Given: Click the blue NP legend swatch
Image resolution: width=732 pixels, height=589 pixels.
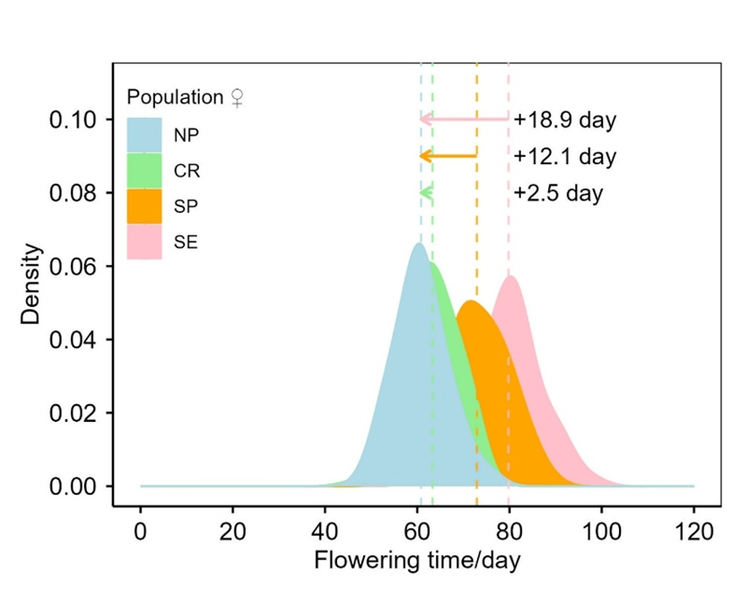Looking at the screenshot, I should (144, 135).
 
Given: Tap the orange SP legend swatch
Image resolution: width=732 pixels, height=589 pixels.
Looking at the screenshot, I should (144, 206).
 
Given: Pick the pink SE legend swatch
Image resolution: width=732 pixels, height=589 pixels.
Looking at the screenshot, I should (144, 242).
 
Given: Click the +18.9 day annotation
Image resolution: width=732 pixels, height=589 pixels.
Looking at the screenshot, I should (565, 119).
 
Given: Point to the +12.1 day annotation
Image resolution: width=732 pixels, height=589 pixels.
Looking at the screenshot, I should (565, 156).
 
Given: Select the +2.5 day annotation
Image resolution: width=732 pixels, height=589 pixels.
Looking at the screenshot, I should (559, 193).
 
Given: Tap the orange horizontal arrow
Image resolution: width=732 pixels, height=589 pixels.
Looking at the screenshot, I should (449, 155).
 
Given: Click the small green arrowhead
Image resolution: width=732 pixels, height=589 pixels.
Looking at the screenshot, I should (426, 192).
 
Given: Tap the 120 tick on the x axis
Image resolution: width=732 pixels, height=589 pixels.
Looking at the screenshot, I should (693, 531).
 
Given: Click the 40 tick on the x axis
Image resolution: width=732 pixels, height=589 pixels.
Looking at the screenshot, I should (325, 531).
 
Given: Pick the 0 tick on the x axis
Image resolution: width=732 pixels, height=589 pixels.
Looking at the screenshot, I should (141, 531).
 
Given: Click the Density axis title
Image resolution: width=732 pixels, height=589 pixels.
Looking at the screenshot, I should (32, 284).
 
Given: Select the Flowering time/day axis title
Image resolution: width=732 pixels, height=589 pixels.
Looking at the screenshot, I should (417, 560).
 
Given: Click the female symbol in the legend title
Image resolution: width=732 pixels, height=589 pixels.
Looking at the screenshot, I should (237, 98).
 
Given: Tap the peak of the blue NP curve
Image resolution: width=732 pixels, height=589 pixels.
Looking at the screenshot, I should (418, 244).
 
